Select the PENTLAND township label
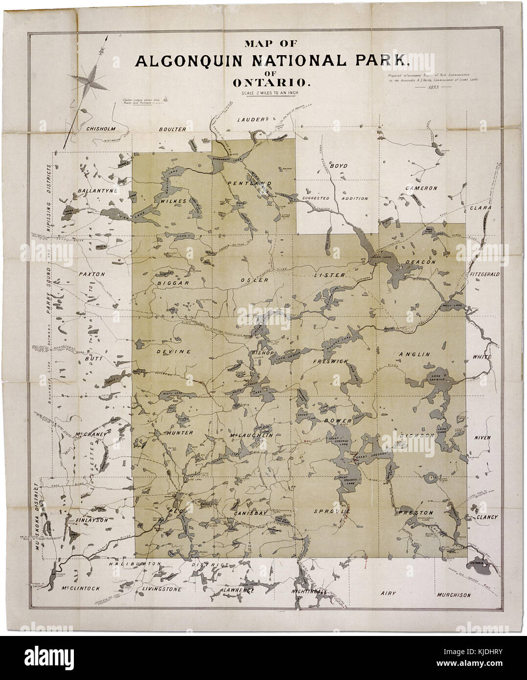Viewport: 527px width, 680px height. (x=250, y=183)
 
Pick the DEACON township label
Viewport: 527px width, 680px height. (x=420, y=262)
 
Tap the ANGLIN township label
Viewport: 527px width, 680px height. (x=414, y=354)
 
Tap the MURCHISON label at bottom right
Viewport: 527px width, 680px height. (x=453, y=595)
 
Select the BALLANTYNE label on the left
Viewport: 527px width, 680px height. (x=96, y=190)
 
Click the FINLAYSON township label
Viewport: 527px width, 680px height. (x=92, y=520)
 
